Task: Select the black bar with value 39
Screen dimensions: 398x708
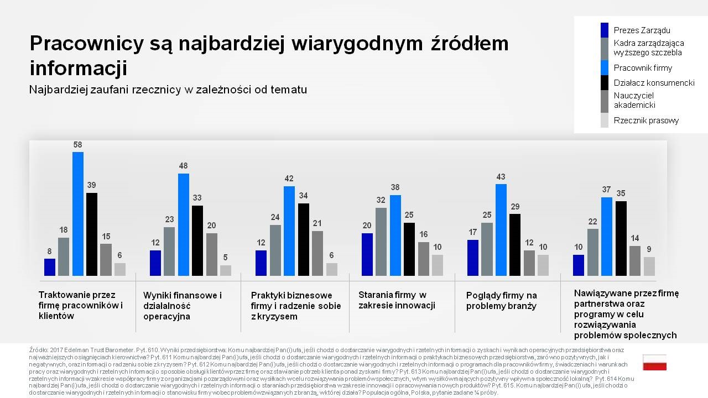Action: [92, 234]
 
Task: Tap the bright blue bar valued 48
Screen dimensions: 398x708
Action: [184, 224]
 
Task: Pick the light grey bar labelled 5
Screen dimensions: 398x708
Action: [226, 270]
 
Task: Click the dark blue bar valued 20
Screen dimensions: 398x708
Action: [367, 254]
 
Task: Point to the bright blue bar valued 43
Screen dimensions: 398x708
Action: [501, 229]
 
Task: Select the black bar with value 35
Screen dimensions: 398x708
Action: [621, 238]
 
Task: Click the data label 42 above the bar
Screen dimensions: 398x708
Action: [289, 179]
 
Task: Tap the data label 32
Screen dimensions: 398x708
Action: [381, 200]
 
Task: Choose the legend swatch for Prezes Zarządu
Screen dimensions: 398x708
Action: [605, 30]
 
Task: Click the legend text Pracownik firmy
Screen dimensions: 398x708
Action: [643, 68]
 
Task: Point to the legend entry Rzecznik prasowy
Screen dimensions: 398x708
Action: [646, 121]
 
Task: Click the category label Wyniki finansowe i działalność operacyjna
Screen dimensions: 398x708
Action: [183, 306]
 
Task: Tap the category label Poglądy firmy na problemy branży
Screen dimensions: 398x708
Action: [502, 301]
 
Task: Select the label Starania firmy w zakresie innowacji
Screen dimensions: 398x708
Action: [397, 300]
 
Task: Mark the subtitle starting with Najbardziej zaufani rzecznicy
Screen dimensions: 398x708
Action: [168, 90]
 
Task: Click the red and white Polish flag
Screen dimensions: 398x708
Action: [654, 363]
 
